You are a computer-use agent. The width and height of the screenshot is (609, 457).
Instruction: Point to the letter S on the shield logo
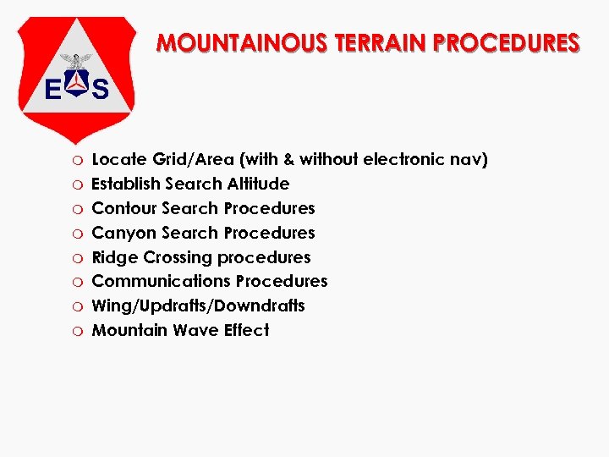pyautogui.click(x=101, y=87)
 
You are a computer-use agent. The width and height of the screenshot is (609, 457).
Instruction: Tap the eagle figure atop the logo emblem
pyautogui.click(x=78, y=61)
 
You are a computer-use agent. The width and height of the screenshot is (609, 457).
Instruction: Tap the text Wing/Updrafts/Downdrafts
pyautogui.click(x=198, y=306)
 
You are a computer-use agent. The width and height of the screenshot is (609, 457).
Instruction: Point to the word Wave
pyautogui.click(x=194, y=330)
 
